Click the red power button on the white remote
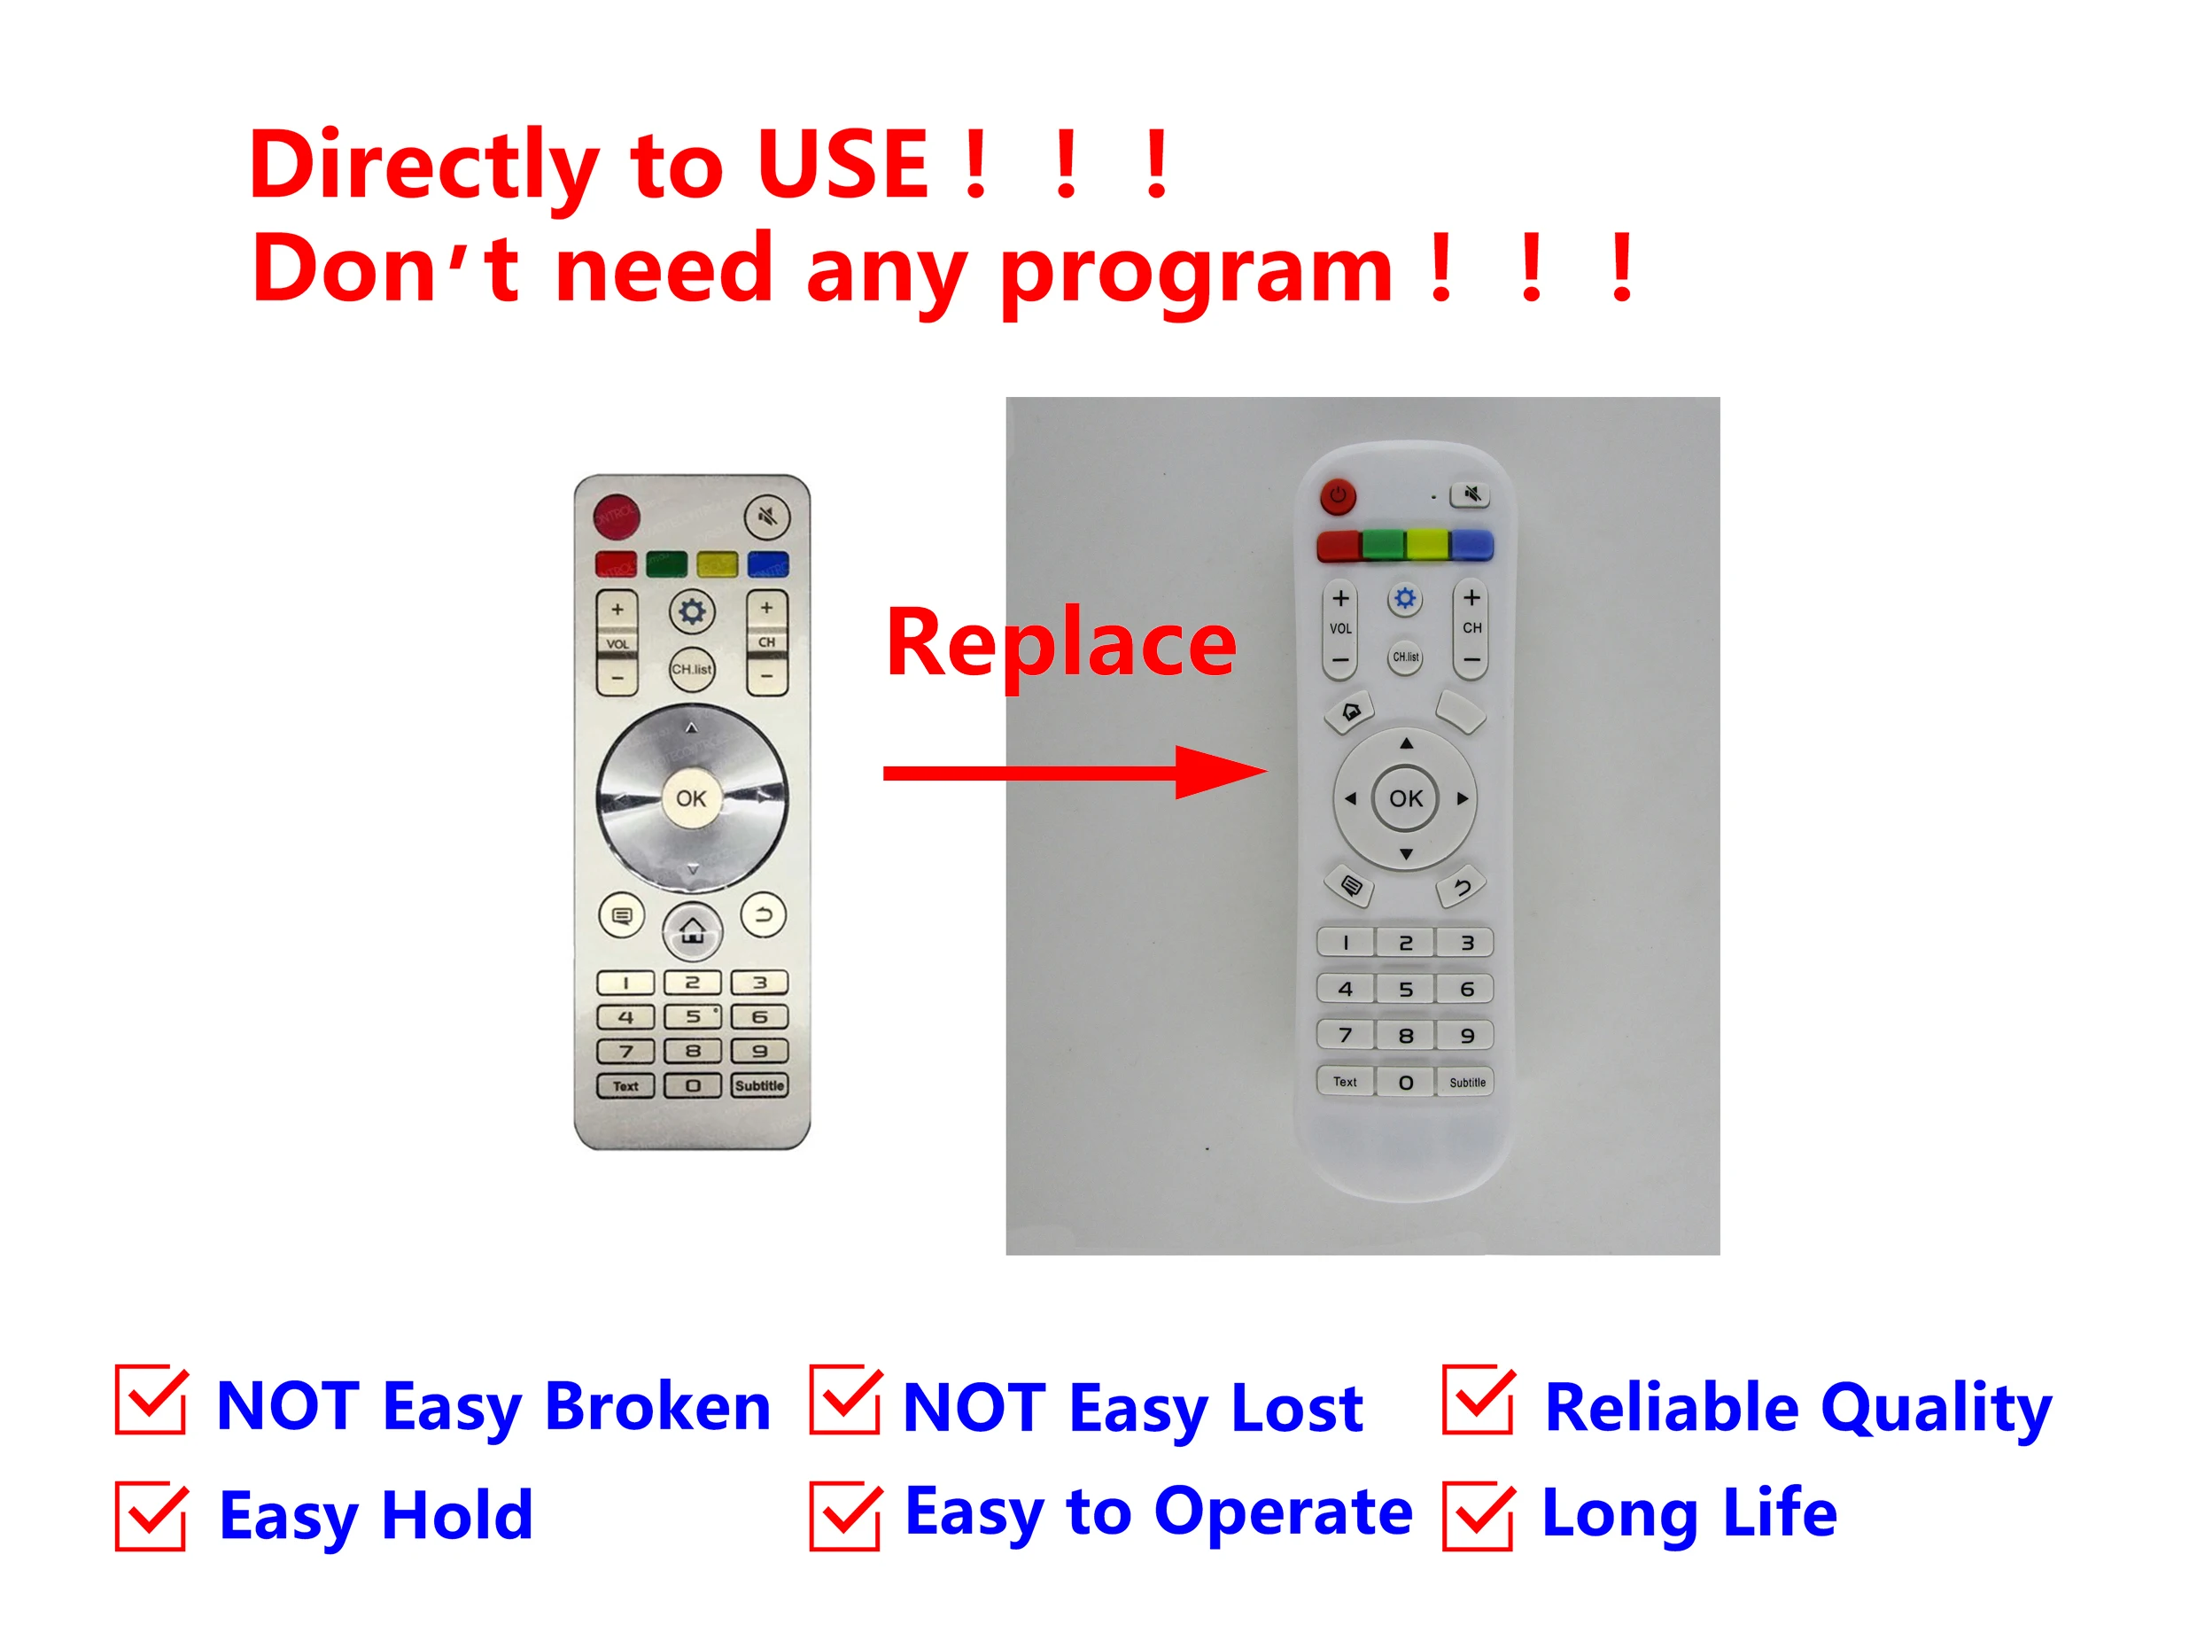coord(1338,494)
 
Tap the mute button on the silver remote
coord(767,516)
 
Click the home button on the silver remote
coord(692,931)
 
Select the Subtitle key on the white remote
coord(1466,1082)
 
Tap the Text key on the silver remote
coord(625,1085)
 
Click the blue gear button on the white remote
coord(1404,598)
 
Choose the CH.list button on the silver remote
coord(691,669)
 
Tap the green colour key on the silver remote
coord(666,564)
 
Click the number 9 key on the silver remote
coord(760,1051)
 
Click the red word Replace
coord(1062,645)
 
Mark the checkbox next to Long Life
coord(1478,1514)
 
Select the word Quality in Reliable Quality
coord(1937,1409)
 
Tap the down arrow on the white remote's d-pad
coord(1405,854)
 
